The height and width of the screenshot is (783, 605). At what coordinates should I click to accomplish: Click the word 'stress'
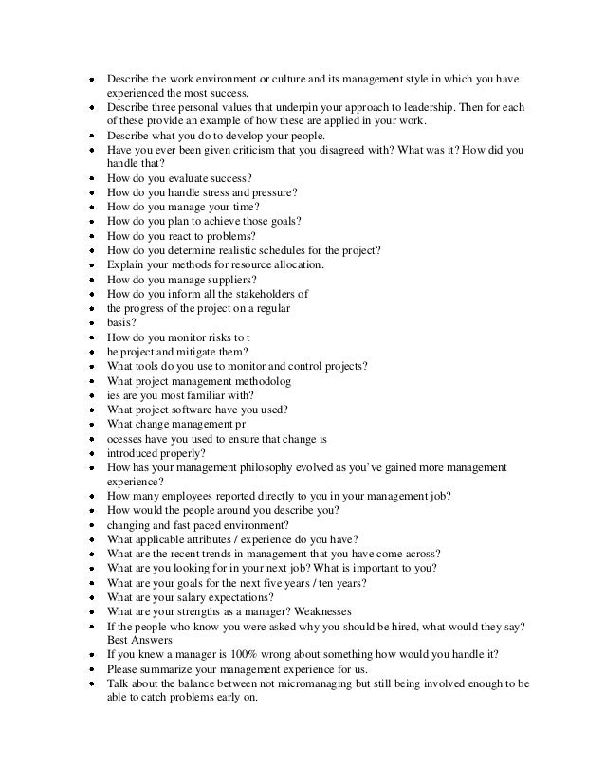(215, 192)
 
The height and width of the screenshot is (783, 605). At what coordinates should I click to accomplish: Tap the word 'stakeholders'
(269, 294)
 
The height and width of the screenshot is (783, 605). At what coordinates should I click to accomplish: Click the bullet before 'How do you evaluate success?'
(89, 178)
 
